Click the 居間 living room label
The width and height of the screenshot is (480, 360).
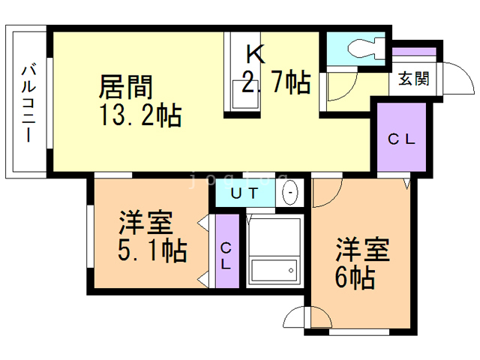[126, 88]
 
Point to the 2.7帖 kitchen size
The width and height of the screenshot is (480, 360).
[275, 82]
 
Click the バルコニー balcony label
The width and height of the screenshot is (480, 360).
[28, 103]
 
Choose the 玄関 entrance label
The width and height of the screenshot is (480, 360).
[413, 79]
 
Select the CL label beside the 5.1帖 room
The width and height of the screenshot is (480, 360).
[226, 256]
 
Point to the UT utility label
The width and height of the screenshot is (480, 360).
[245, 193]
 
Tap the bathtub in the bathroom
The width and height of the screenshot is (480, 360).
[274, 269]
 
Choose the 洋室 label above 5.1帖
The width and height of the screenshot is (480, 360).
[146, 223]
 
